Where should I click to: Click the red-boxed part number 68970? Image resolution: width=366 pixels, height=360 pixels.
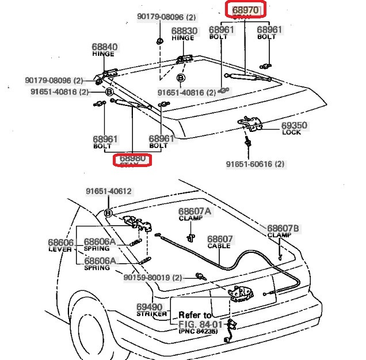246,10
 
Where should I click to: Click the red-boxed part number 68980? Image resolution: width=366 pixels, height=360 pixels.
132,158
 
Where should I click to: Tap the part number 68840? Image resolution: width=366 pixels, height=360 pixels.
105,47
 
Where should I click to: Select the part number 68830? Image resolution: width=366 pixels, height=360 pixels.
184,31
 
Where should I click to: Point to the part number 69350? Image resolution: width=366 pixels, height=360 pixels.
294,125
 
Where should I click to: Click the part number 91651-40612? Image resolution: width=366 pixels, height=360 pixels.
109,192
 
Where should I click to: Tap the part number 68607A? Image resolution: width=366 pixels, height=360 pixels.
195,211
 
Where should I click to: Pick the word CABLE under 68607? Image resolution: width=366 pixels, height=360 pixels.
219,246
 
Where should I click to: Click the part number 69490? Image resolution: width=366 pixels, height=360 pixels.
149,307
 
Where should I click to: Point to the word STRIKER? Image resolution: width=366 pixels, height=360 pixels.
152,314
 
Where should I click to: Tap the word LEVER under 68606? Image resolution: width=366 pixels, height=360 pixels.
60,249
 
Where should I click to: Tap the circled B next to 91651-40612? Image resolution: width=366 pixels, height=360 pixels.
108,213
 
